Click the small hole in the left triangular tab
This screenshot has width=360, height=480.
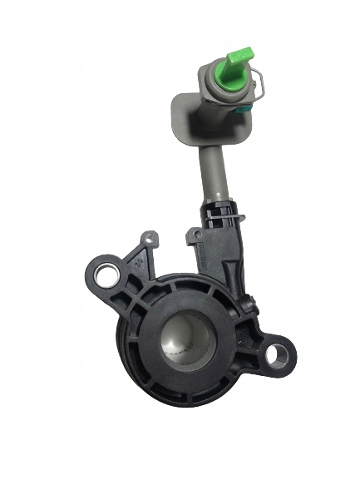(x=147, y=241)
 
